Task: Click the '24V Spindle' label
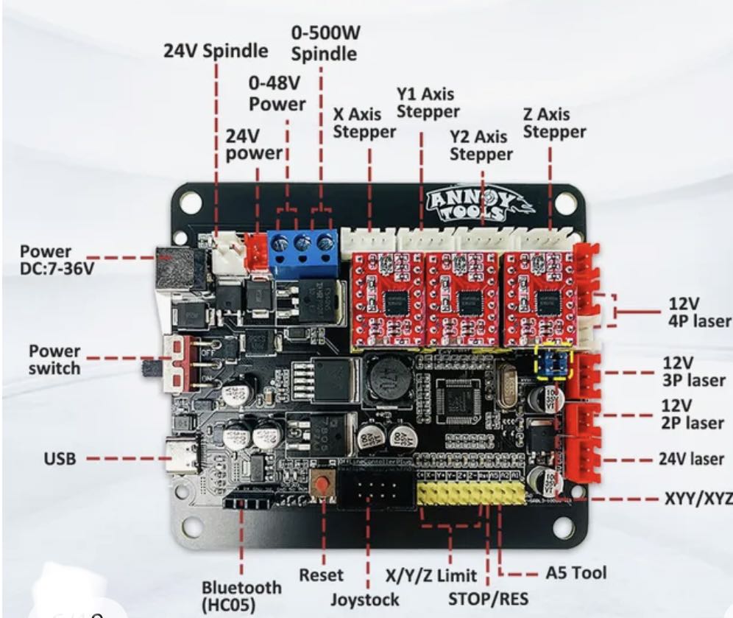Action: [x=216, y=52]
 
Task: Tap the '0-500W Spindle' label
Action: [x=324, y=43]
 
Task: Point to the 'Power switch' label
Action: [x=55, y=359]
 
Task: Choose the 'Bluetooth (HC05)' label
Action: [x=241, y=596]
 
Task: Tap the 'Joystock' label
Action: [x=365, y=598]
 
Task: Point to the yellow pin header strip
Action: [x=471, y=493]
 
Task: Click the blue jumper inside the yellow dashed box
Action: [x=556, y=362]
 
